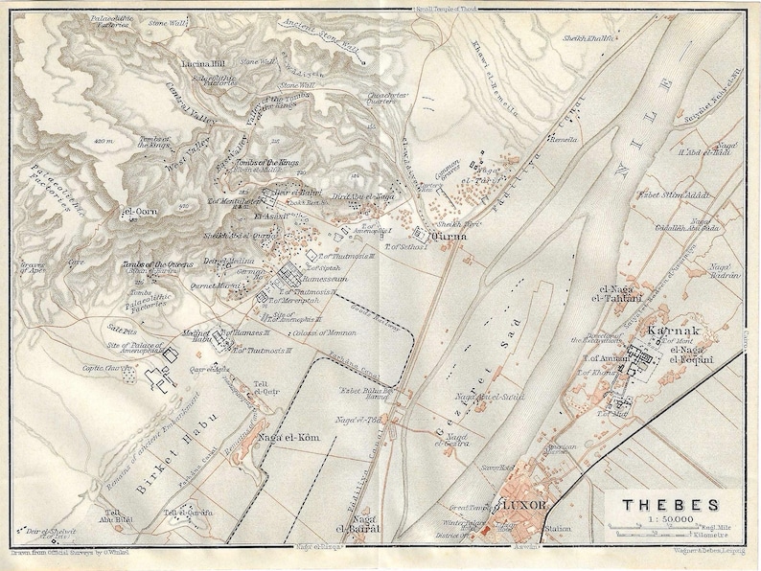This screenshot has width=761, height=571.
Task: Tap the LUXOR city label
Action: tap(519, 504)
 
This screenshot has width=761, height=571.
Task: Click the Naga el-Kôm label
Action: tap(281, 439)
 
